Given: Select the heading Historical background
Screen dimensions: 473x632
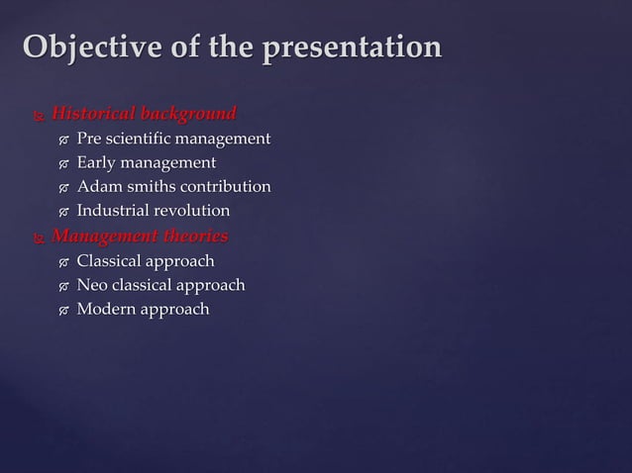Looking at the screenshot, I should point(144,112).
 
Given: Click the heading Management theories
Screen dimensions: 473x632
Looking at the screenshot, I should point(140,236).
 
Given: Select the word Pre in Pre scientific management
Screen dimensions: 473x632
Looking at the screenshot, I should point(90,138).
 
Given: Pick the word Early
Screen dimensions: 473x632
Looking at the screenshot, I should point(98,162).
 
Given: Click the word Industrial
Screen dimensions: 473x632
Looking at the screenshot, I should point(112,211).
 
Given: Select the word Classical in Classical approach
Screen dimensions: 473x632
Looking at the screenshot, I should point(110,261).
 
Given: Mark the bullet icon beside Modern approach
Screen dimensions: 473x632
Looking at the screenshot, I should point(63,311).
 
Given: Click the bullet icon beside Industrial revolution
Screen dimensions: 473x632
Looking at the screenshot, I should point(63,212).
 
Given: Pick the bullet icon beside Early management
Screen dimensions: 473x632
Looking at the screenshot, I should point(63,163).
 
